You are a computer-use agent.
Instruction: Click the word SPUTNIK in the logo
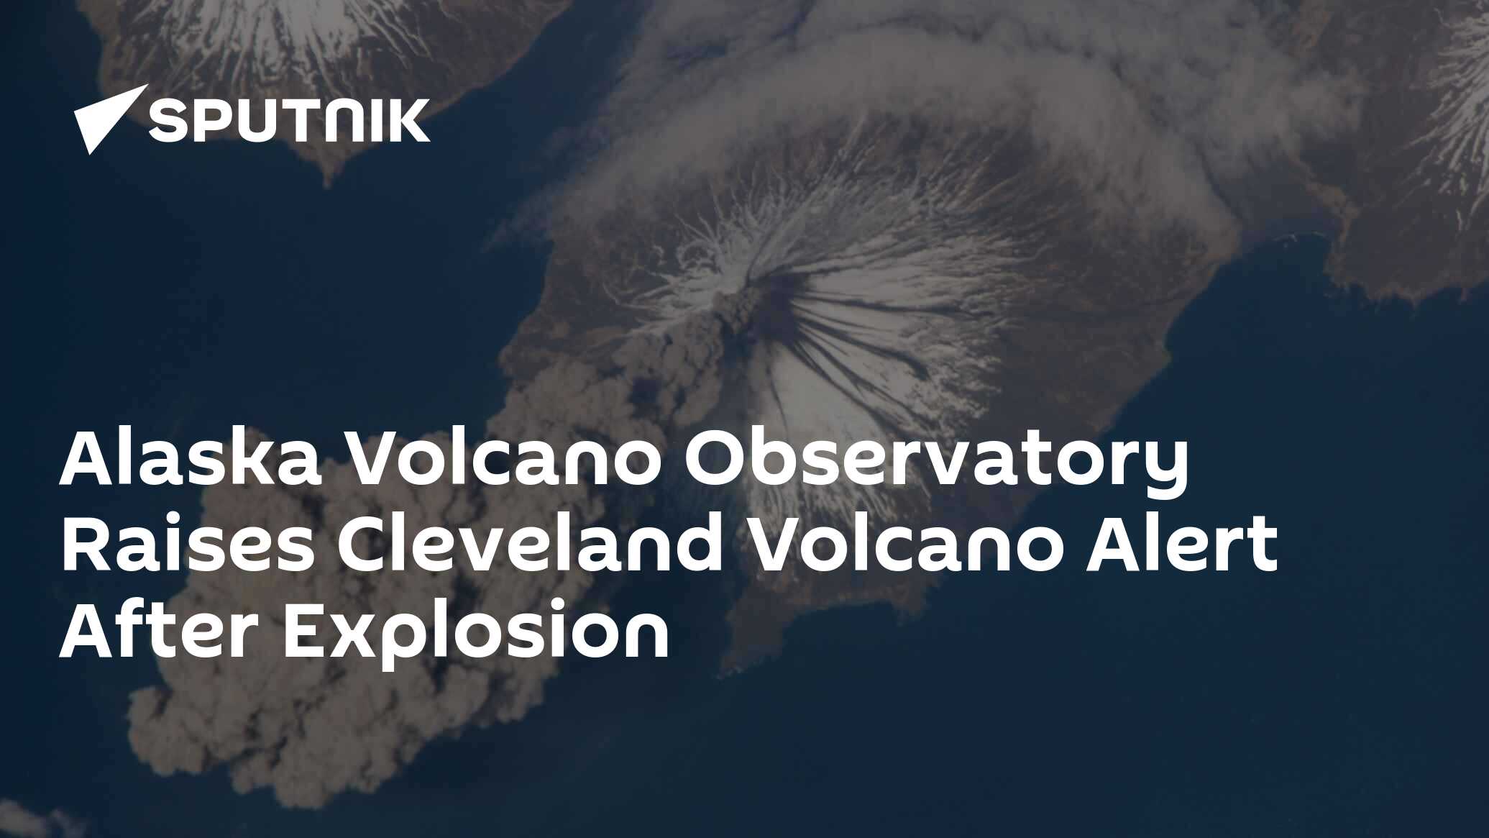[x=289, y=122]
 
